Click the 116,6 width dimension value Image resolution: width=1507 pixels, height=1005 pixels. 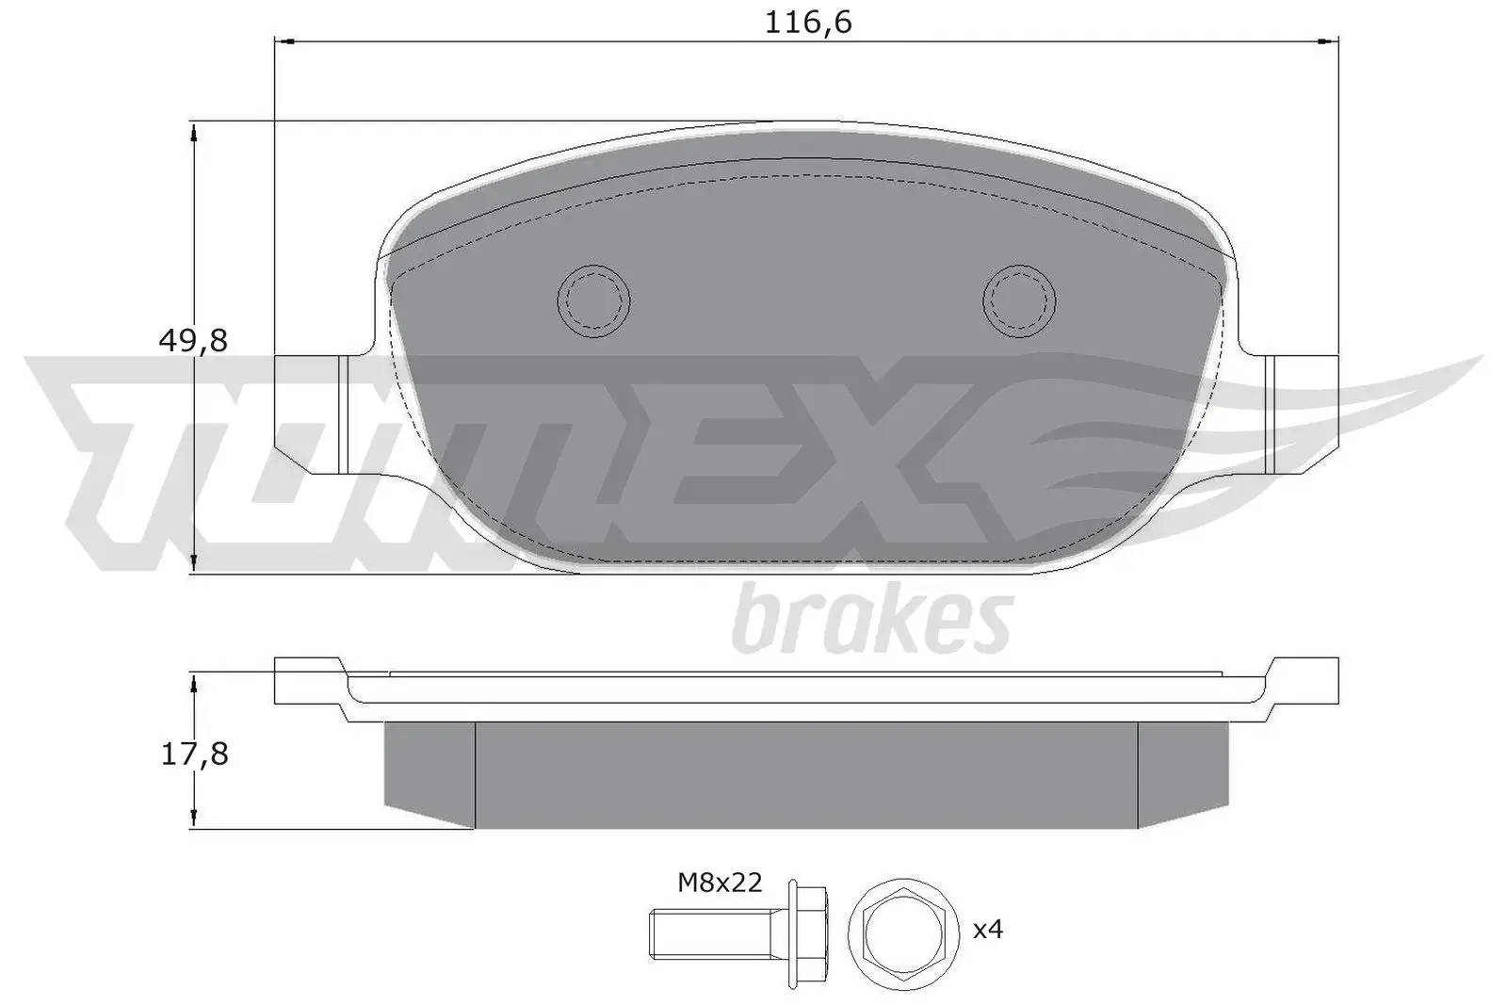pyautogui.click(x=807, y=22)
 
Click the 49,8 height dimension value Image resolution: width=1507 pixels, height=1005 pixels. pyautogui.click(x=193, y=340)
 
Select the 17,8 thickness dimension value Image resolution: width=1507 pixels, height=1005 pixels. pyautogui.click(x=194, y=754)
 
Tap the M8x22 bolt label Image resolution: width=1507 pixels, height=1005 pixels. pyautogui.click(x=720, y=883)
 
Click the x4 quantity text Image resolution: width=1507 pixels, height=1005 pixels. pyautogui.click(x=988, y=930)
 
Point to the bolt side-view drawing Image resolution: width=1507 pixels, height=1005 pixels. pyautogui.click(x=737, y=931)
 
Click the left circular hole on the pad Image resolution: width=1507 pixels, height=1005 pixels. pyautogui.click(x=593, y=300)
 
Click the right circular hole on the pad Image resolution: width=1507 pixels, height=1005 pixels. pyautogui.click(x=1019, y=300)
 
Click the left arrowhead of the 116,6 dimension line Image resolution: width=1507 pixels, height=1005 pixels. pyautogui.click(x=285, y=41)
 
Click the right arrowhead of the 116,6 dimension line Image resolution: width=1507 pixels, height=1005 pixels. pyautogui.click(x=1327, y=41)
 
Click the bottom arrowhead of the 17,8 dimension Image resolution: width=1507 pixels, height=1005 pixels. pyautogui.click(x=193, y=816)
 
